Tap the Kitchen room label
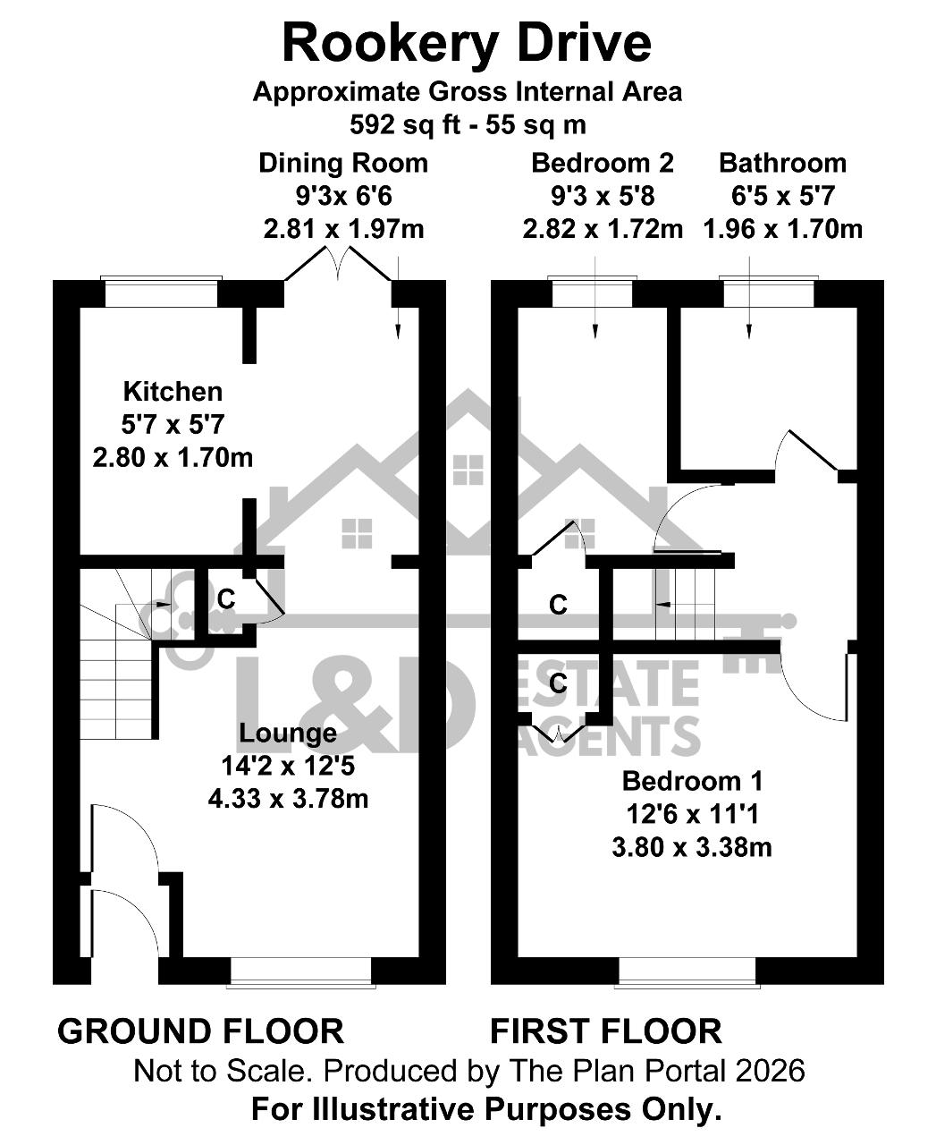173,392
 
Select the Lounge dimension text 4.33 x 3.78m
288,799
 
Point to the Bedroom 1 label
692,781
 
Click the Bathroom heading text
782,164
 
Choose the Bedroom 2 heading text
603,164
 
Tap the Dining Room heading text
343,164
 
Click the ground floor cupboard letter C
226,598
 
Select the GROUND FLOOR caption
200,1031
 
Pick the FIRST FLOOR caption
606,1031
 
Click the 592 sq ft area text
406,125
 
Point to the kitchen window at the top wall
161,293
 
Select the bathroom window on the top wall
769,293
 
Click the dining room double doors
338,265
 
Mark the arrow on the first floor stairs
662,605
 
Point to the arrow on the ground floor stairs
161,604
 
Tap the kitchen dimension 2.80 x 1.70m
173,458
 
